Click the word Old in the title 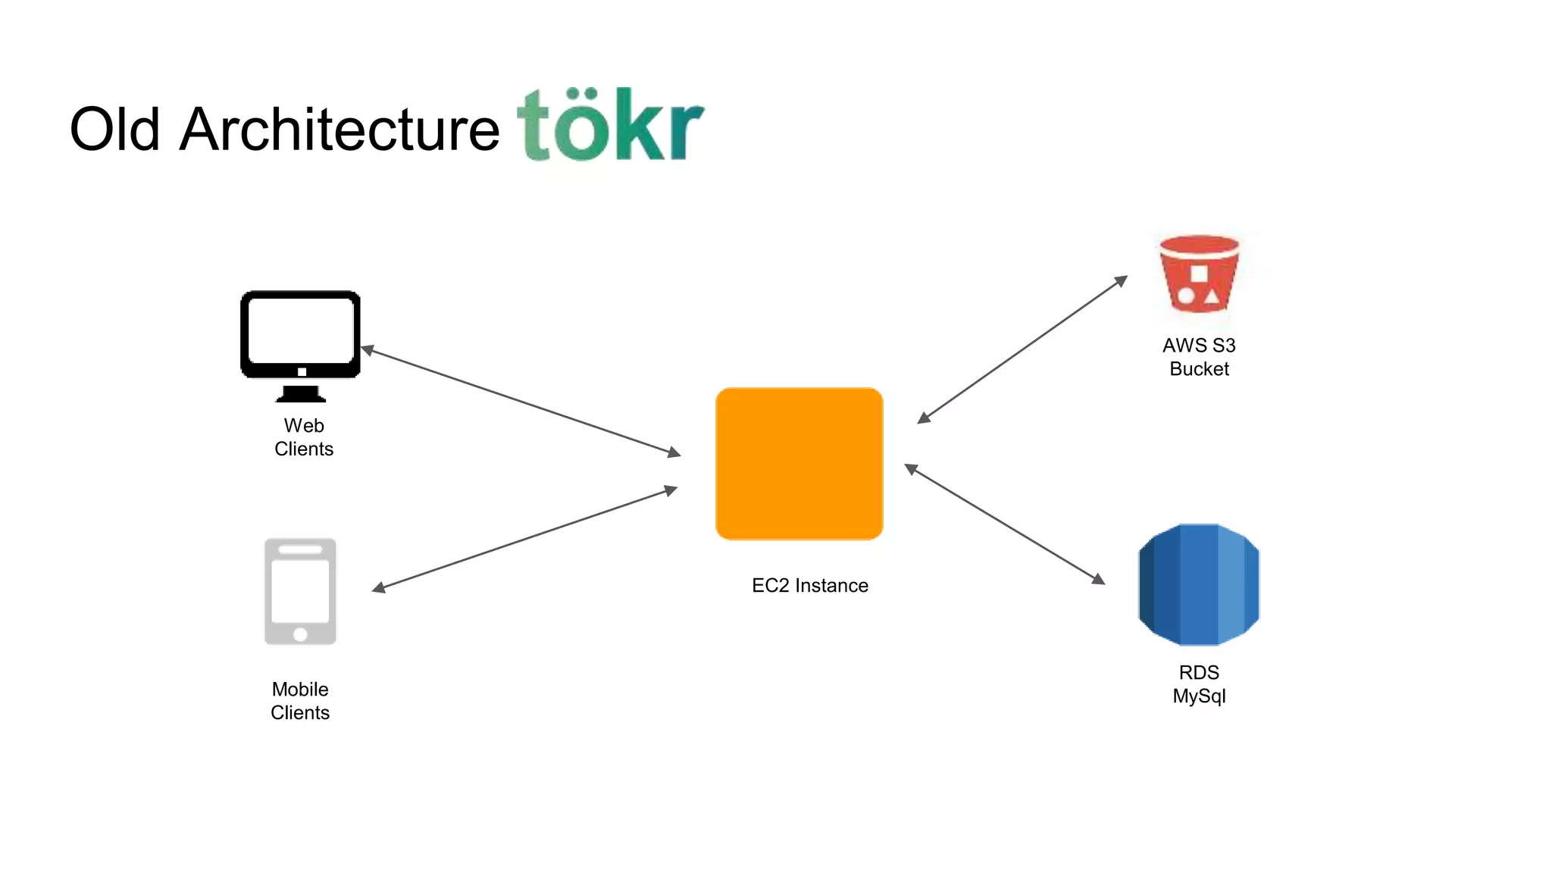coord(114,130)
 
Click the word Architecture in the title coord(339,130)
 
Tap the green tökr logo coord(611,125)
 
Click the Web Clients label coord(304,437)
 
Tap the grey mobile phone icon coord(300,591)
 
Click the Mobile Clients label coord(300,701)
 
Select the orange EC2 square coord(799,464)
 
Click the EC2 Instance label coord(809,586)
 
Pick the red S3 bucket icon coord(1199,274)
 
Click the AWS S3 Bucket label coord(1199,357)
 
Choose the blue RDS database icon coord(1199,584)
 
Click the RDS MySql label coord(1199,684)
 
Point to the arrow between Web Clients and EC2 coord(521,402)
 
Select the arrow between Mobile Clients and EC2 coord(524,539)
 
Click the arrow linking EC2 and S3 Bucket coord(1022,349)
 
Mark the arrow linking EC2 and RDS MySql coord(1004,524)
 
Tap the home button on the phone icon coord(300,634)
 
